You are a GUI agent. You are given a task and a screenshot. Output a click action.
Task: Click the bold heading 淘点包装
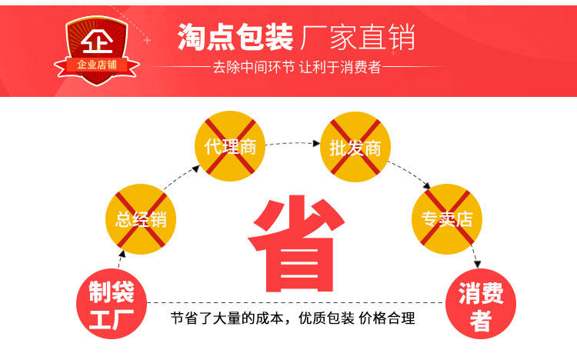pos(235,36)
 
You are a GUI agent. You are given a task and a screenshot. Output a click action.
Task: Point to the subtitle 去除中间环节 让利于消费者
pos(296,67)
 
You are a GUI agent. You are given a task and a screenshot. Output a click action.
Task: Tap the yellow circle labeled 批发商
pos(355,147)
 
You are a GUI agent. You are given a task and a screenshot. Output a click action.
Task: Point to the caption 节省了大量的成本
pos(230,318)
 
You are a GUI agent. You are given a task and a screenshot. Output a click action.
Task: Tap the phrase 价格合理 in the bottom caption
pos(388,318)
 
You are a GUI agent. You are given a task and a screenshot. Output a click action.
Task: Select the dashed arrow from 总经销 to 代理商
pos(177,178)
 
